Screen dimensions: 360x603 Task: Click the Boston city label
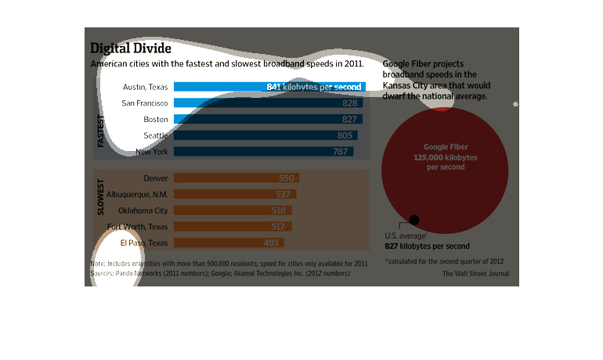pyautogui.click(x=156, y=119)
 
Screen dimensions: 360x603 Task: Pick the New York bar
pyautogui.click(x=263, y=152)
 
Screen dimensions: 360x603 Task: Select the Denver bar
pyautogui.click(x=236, y=178)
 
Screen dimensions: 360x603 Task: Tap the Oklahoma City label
pyautogui.click(x=143, y=211)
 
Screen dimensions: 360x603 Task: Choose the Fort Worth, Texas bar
pyautogui.click(x=233, y=227)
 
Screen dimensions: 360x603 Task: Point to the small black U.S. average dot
pyautogui.click(x=414, y=220)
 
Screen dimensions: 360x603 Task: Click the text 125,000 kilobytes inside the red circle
pyautogui.click(x=445, y=157)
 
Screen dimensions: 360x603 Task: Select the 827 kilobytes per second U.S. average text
pyautogui.click(x=427, y=246)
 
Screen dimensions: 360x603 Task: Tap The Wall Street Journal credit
pyautogui.click(x=475, y=274)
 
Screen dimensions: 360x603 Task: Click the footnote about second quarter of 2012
pyautogui.click(x=443, y=261)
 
